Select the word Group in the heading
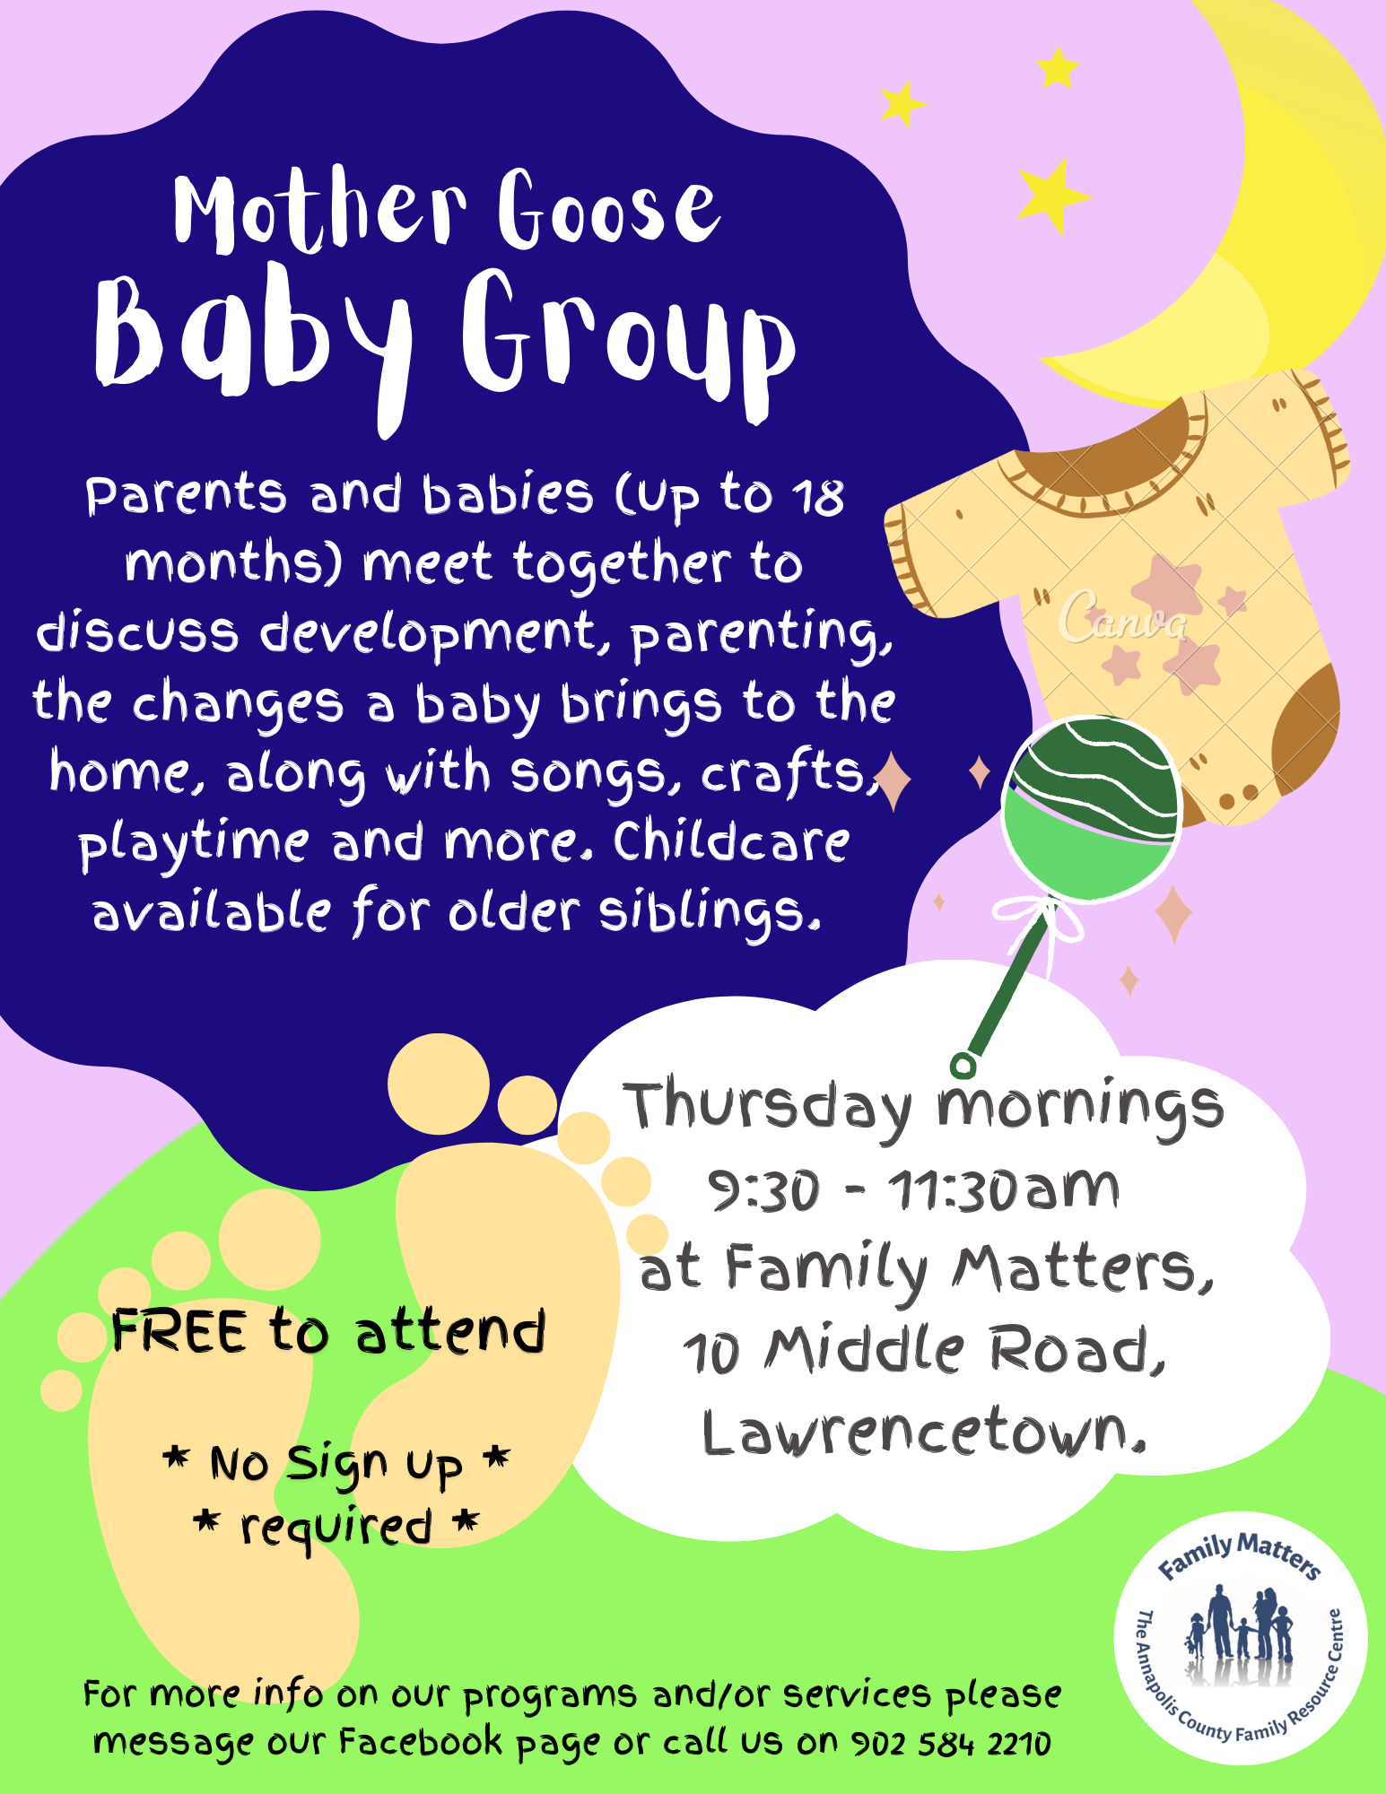628,345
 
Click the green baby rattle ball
1091,808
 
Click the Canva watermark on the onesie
1123,617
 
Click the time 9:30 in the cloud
763,1190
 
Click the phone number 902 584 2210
950,1744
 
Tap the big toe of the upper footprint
439,1084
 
